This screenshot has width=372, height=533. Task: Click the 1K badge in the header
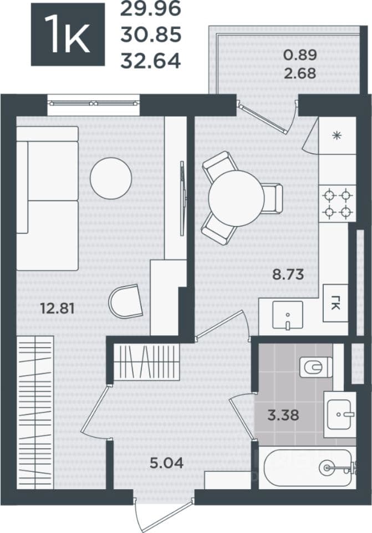(68, 34)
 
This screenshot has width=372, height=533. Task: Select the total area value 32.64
(151, 61)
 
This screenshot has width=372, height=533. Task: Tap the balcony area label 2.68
(300, 73)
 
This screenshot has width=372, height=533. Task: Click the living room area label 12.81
(57, 309)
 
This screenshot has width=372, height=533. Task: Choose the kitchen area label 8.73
(288, 274)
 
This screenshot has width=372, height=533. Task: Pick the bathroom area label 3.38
(283, 415)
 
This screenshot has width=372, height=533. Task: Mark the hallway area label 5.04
(167, 462)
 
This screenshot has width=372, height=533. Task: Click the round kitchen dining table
(237, 198)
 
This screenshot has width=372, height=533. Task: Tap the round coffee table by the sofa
(111, 178)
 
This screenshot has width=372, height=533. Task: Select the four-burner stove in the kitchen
(337, 204)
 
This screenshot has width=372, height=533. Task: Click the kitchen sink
(288, 315)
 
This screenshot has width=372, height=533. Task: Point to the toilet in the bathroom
(316, 367)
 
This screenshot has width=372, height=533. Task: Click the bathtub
(308, 468)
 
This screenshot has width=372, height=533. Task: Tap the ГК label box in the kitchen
(335, 303)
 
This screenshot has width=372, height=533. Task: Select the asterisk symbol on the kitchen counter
(337, 136)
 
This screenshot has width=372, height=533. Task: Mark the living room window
(94, 103)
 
